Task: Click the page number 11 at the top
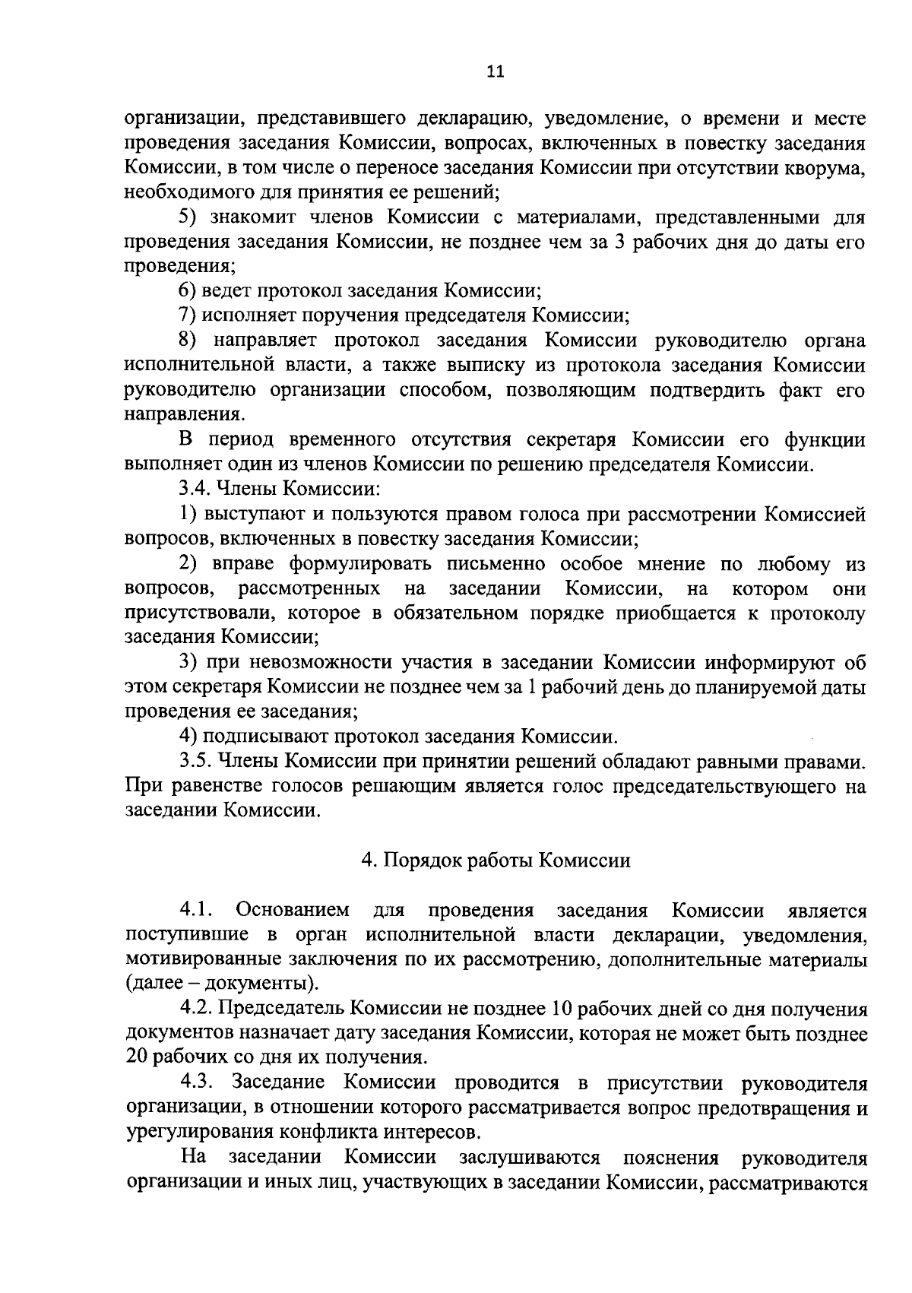pyautogui.click(x=495, y=72)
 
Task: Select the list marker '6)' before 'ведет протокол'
pyautogui.click(x=188, y=290)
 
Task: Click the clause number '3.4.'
pyautogui.click(x=195, y=489)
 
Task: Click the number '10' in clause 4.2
pyautogui.click(x=647, y=1009)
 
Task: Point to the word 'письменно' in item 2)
pyautogui.click(x=496, y=563)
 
